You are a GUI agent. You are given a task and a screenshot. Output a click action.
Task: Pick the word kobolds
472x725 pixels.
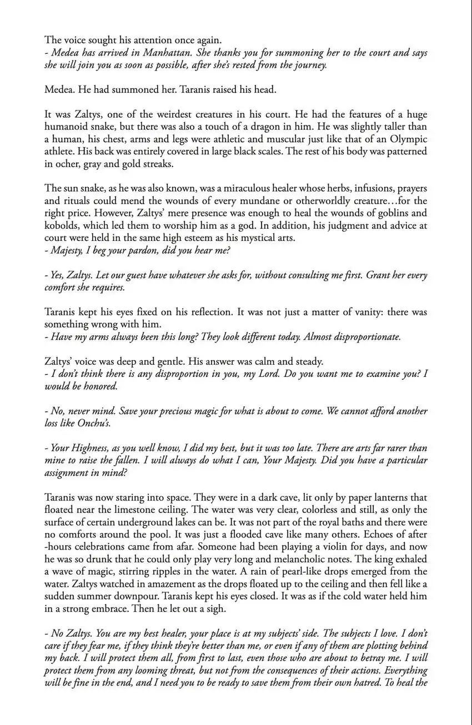click(61, 225)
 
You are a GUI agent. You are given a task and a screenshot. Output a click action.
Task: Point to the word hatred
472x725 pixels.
click(360, 683)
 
